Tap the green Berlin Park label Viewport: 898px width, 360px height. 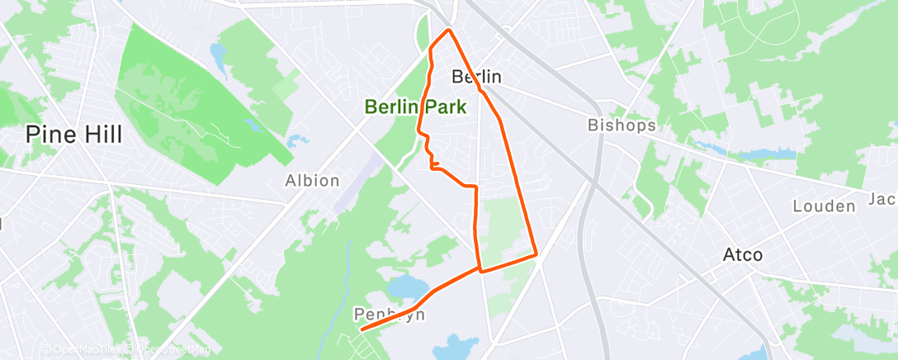click(x=415, y=107)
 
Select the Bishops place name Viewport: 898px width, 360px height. click(x=622, y=126)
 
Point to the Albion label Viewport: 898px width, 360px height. click(x=312, y=180)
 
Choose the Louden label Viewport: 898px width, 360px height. click(x=823, y=206)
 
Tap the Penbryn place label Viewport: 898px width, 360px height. click(x=382, y=315)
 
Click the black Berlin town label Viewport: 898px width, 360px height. click(x=477, y=77)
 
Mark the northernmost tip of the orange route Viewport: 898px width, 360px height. click(x=448, y=31)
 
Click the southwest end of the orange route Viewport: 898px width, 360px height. click(x=362, y=329)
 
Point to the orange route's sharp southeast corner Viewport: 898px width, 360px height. click(x=536, y=255)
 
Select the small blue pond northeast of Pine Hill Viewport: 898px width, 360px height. click(x=219, y=57)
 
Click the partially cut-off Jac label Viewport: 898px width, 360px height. click(x=883, y=199)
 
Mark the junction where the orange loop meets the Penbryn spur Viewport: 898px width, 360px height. click(x=480, y=268)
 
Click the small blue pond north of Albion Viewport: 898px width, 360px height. click(x=291, y=141)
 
